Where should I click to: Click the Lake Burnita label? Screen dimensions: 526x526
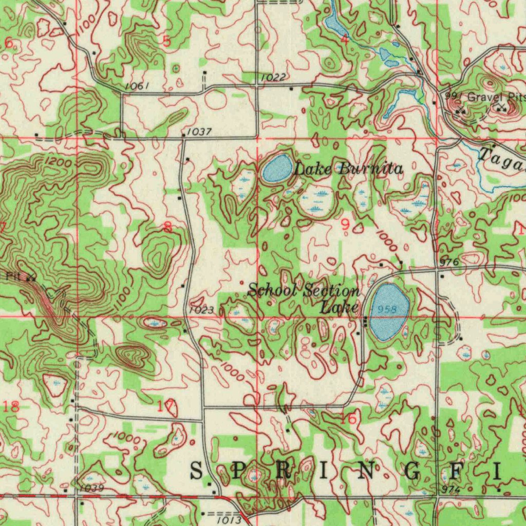coord(348,168)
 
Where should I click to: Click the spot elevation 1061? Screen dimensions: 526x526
coord(137,86)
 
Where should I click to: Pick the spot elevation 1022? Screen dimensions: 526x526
coord(273,77)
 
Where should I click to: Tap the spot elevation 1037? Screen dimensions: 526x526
coord(199,132)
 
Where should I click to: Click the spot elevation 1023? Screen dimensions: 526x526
coord(200,310)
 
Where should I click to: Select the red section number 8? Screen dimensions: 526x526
coord(168,227)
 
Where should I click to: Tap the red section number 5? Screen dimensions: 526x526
coord(166,42)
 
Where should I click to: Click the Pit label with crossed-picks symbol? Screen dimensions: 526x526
coord(14,276)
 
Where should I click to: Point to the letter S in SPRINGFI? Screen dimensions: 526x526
coord(197,471)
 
